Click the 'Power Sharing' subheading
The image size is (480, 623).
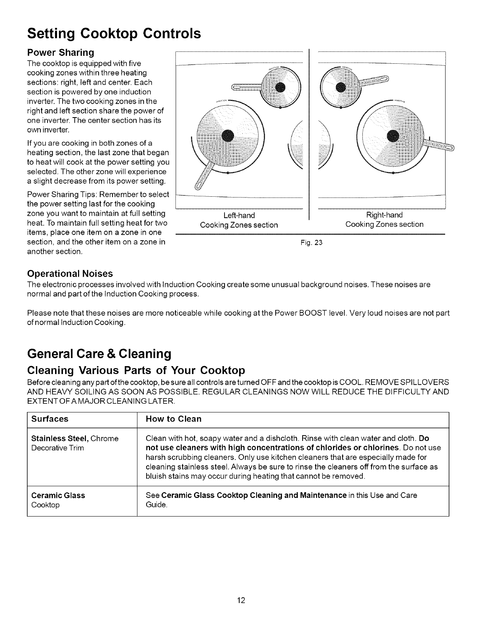(x=60, y=53)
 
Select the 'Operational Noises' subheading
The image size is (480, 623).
(x=70, y=274)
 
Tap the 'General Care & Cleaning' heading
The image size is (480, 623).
(x=99, y=353)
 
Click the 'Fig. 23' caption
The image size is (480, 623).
(x=312, y=242)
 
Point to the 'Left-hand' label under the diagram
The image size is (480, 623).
(x=239, y=215)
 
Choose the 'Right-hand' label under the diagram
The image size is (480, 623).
(x=384, y=215)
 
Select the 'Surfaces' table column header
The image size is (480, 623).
(x=50, y=419)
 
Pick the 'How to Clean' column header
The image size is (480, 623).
(x=173, y=419)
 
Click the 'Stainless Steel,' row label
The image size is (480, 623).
(x=60, y=438)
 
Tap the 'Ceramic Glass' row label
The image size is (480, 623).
(x=58, y=495)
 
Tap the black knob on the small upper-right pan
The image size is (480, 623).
(x=340, y=87)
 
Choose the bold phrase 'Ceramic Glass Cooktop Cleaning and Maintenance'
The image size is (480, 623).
(x=254, y=495)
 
